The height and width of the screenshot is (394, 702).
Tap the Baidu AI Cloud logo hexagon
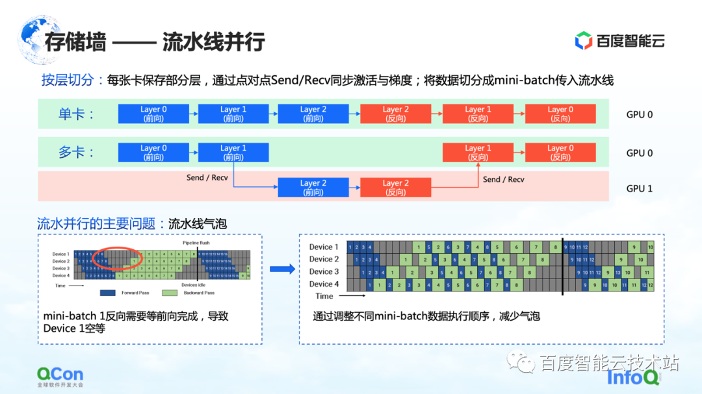coord(583,41)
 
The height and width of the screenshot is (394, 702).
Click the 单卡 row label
coord(77,114)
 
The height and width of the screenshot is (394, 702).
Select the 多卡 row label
coord(77,153)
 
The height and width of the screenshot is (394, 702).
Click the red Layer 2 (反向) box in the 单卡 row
coord(395,114)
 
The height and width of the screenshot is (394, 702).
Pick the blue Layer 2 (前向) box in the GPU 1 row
coord(313,188)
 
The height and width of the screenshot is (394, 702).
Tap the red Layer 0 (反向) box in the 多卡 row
coord(560,153)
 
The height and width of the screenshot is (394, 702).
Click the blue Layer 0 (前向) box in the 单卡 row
coord(153,114)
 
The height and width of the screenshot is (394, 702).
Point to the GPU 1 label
coord(639,188)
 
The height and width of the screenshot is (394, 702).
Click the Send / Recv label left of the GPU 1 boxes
coord(207,177)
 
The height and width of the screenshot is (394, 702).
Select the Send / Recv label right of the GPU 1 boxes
coord(503,179)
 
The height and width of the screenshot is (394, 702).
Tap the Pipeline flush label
coord(196,243)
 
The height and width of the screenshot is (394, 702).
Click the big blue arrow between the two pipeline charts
coord(282,269)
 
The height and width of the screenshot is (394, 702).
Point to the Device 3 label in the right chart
coord(324,271)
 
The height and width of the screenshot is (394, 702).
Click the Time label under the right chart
coord(324,296)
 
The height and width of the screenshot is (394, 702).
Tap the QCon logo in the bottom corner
coord(60,376)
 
